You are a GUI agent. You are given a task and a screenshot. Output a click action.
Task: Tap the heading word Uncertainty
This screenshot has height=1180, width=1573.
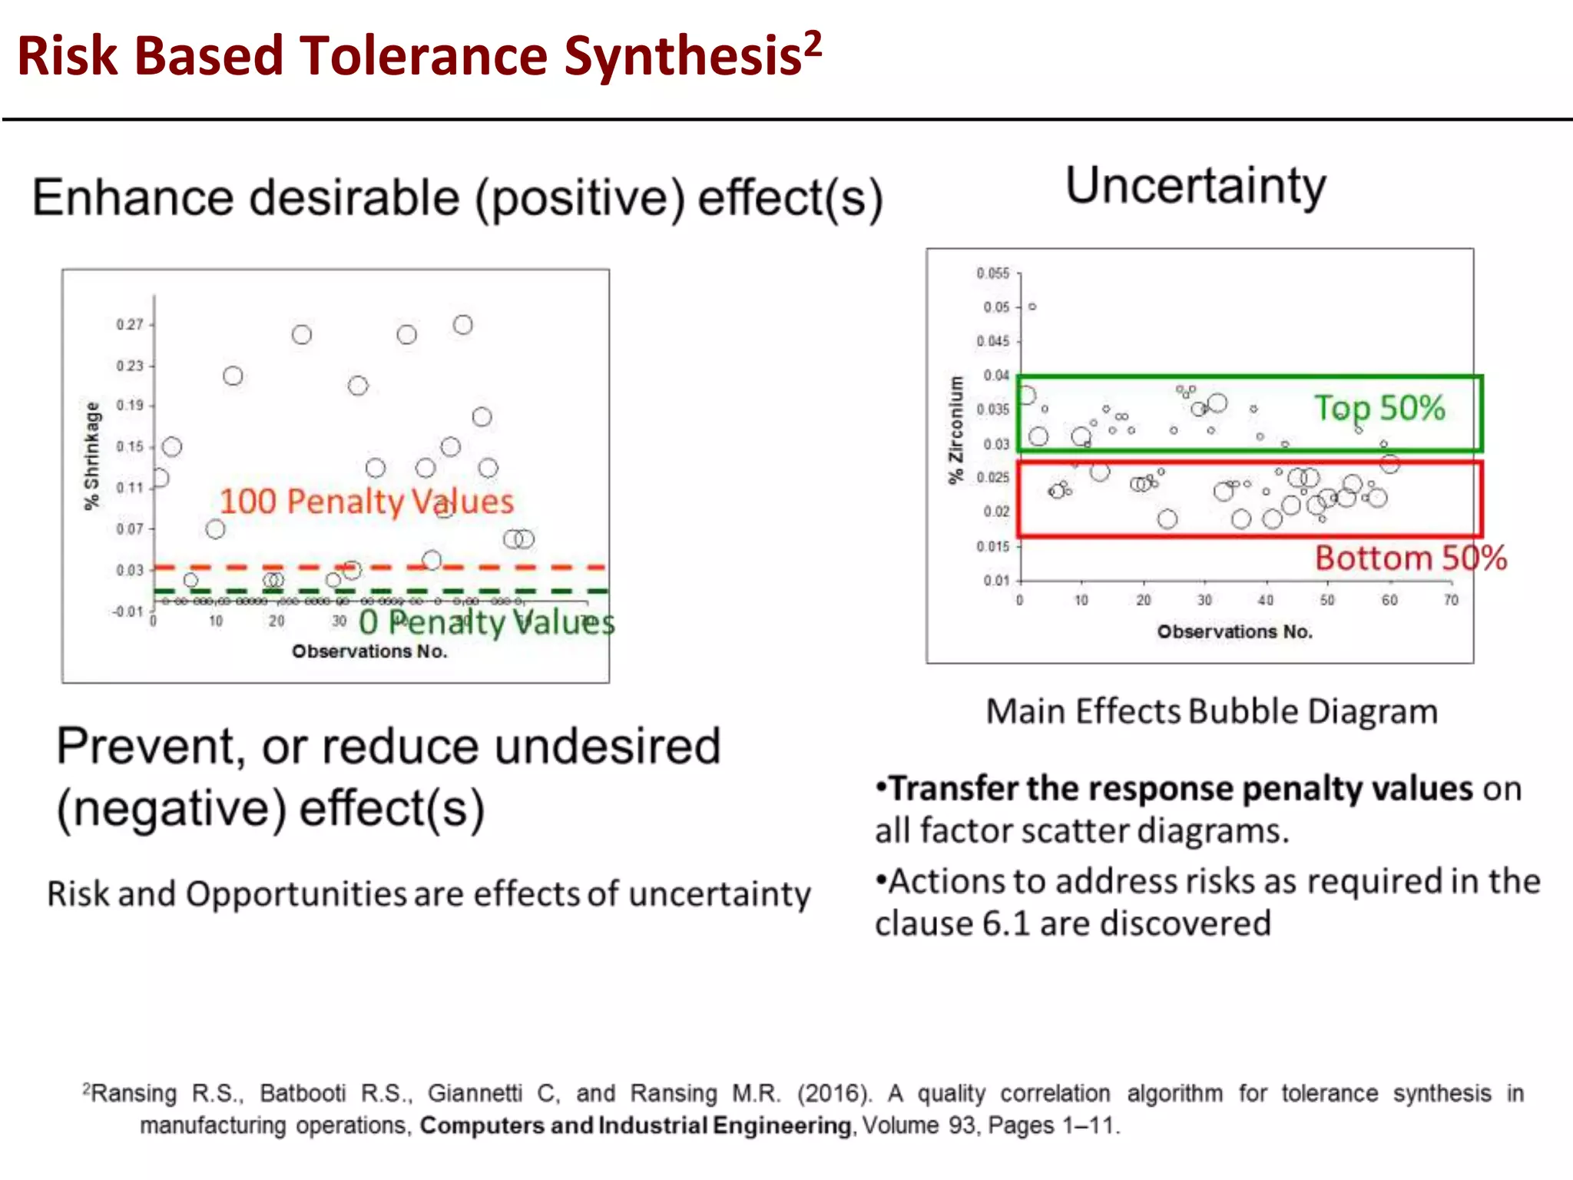[1195, 187]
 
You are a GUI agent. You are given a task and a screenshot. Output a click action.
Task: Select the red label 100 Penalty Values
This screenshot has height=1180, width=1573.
[366, 502]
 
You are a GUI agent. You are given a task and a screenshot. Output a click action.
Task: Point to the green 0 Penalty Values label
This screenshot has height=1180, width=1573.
[486, 622]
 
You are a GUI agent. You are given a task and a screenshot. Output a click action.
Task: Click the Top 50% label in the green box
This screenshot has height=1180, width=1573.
[1379, 408]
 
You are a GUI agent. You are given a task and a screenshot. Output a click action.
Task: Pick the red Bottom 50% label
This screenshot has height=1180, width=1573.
[1410, 558]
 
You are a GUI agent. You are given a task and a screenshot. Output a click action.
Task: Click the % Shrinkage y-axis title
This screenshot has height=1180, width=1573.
[92, 456]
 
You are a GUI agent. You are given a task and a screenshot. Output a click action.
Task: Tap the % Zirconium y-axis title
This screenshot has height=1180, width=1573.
[955, 430]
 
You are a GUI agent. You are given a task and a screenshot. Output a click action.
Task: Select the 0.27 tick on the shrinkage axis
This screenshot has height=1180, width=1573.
[130, 325]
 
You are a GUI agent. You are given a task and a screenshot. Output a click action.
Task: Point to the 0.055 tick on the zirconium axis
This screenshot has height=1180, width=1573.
[992, 273]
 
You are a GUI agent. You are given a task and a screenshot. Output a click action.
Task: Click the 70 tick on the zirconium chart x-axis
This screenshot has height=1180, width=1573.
[1450, 600]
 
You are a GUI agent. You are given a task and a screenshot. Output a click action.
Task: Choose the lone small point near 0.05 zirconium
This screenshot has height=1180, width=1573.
[1032, 307]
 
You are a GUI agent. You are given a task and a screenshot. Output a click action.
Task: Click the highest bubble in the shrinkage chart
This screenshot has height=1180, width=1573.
[462, 325]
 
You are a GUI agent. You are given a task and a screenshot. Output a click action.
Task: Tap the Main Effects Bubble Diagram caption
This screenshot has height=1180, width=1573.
[1211, 711]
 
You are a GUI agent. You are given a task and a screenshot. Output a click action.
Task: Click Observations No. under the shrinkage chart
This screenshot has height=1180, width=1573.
[369, 651]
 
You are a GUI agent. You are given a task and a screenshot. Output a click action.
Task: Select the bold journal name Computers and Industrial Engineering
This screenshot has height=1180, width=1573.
[635, 1125]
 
